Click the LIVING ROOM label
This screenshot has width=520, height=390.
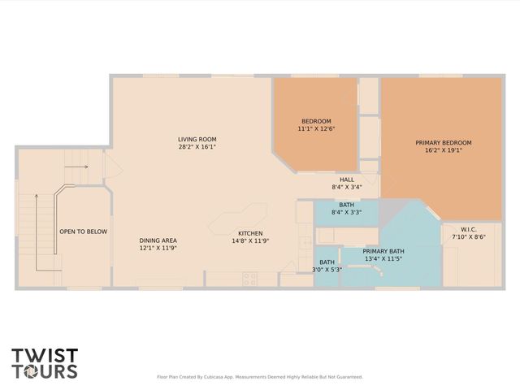(x=197, y=139)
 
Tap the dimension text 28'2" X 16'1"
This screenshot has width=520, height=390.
(x=197, y=148)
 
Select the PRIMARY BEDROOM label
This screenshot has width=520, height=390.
(x=443, y=143)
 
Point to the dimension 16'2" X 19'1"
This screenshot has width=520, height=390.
(x=443, y=152)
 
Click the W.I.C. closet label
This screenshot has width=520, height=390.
(x=469, y=228)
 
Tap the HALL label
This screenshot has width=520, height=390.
(x=346, y=179)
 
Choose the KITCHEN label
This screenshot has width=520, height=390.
(x=250, y=232)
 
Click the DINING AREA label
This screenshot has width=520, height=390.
(x=158, y=240)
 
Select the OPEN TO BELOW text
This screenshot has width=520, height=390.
(x=83, y=232)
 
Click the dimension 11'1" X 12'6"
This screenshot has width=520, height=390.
(x=316, y=128)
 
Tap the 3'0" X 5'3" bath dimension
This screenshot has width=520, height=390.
(x=327, y=269)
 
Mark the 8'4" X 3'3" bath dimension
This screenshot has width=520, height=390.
(x=346, y=213)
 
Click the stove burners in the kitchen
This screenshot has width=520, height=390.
(x=250, y=279)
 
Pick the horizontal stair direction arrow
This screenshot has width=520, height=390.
(x=77, y=166)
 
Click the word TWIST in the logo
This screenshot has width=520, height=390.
(x=45, y=355)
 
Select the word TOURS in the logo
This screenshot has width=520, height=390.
(x=45, y=371)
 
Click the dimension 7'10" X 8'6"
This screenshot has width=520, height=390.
(x=469, y=236)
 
